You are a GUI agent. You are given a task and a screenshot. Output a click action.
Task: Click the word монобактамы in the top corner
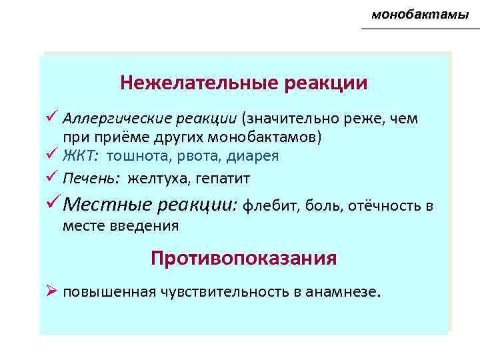coord(420,14)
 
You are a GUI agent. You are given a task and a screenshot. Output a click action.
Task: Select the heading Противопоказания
coord(243,258)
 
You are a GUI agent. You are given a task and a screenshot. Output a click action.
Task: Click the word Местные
coord(108,205)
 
